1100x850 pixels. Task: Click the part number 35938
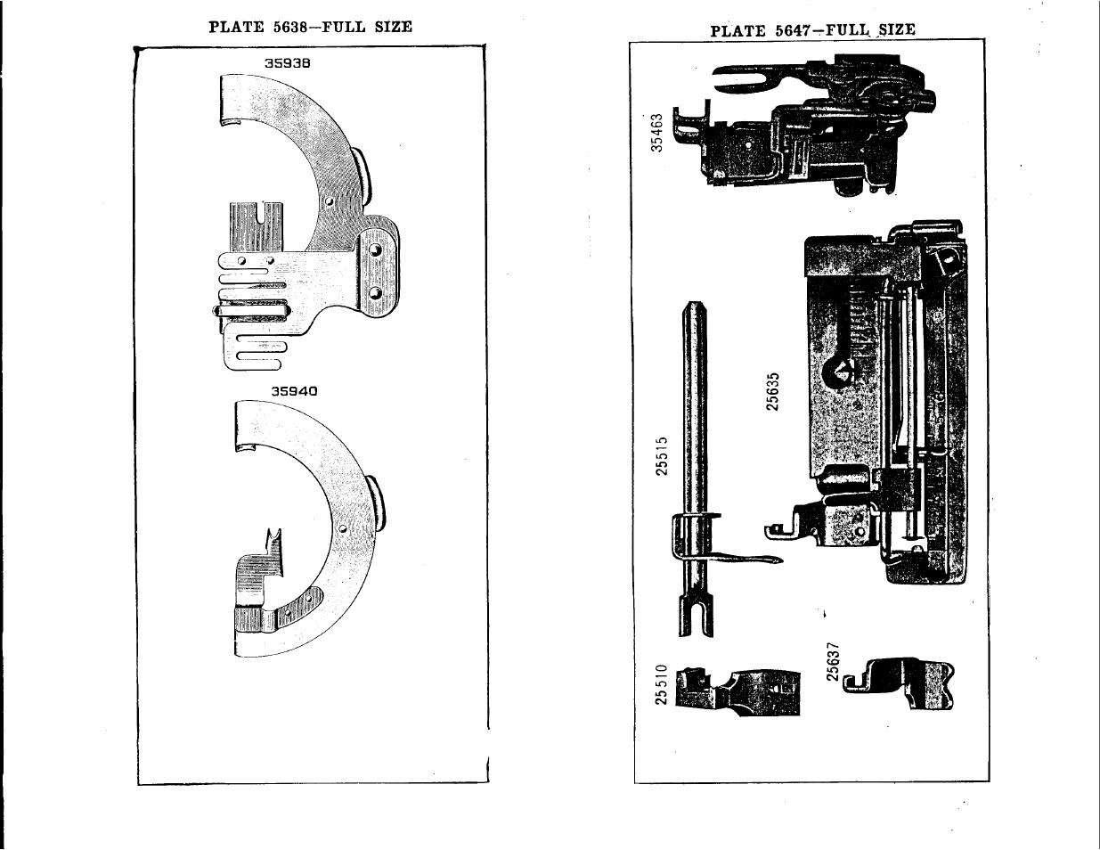(287, 63)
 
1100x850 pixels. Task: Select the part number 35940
(294, 391)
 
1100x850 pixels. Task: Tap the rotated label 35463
(656, 133)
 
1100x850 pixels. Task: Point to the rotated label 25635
(772, 392)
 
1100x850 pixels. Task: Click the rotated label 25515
(662, 456)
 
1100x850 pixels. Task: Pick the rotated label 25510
(661, 685)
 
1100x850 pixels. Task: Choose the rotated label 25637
(833, 662)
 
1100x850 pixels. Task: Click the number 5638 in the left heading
(290, 27)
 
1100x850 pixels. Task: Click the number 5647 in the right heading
(792, 31)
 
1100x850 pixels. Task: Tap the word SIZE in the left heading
(394, 27)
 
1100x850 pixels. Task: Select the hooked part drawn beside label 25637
(899, 682)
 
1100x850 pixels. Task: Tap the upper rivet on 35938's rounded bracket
(376, 249)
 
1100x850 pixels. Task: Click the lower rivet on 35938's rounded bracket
(375, 293)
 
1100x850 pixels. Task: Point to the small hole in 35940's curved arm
(343, 529)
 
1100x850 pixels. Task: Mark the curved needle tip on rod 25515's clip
(780, 560)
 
